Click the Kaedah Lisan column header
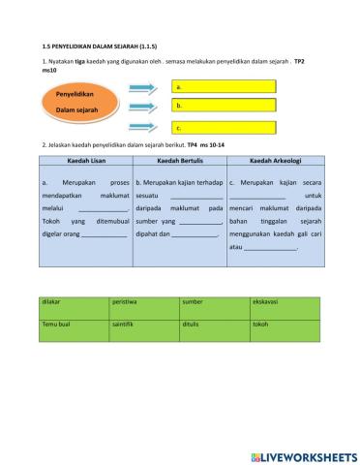click(x=86, y=161)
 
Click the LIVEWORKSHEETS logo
click(x=303, y=454)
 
